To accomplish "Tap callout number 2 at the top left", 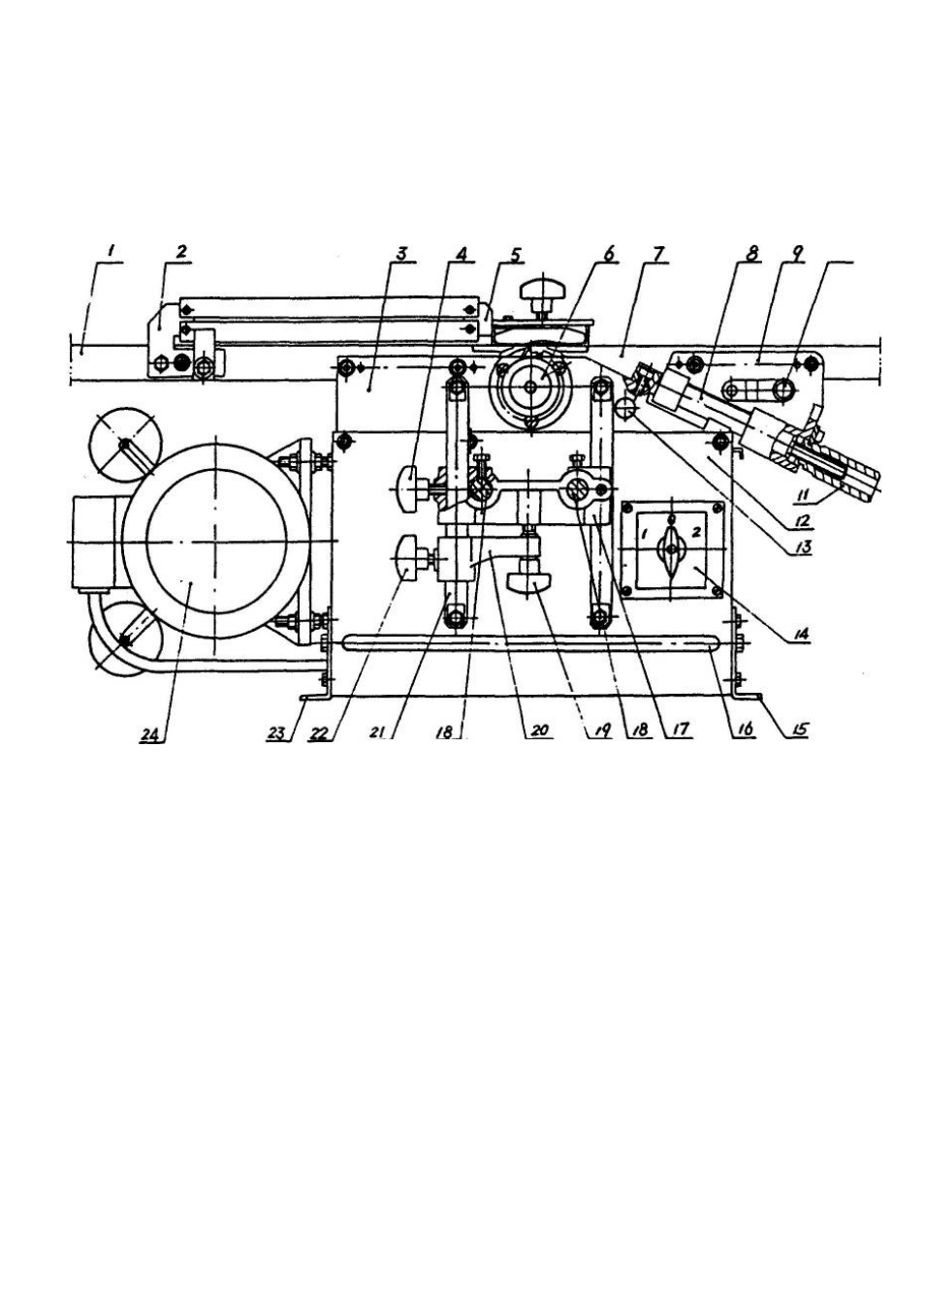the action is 181,252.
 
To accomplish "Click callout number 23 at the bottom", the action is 284,732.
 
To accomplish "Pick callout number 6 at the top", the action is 608,254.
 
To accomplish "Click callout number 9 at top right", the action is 797,253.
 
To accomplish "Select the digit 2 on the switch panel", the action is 695,532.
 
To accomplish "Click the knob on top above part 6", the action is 544,291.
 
